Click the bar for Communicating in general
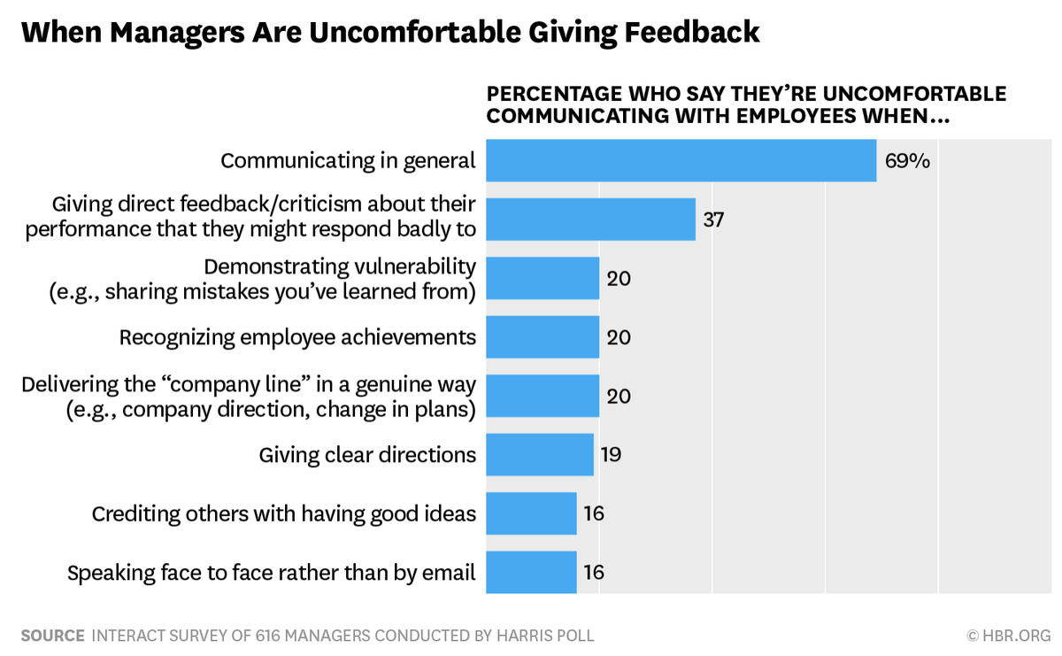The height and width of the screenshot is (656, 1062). [681, 160]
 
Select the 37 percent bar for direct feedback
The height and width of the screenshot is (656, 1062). [590, 219]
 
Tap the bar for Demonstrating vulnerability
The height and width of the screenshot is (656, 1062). [543, 278]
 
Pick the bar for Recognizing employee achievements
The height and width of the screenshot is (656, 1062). [543, 337]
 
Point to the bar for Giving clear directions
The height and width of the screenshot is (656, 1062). [540, 455]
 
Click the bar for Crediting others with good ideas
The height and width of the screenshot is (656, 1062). [531, 513]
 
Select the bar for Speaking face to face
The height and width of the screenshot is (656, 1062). [531, 573]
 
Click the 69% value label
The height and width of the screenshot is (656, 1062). [907, 161]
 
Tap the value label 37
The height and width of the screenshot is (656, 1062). [713, 220]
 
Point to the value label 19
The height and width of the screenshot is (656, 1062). [611, 455]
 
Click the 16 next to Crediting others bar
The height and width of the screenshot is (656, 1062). [594, 513]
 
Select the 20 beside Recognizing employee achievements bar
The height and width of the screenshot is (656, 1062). [618, 337]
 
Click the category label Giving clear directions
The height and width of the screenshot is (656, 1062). [367, 455]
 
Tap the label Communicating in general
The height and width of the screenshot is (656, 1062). [348, 160]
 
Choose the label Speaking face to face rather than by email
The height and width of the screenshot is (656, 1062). [272, 573]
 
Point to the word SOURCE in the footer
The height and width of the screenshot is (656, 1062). [52, 636]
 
